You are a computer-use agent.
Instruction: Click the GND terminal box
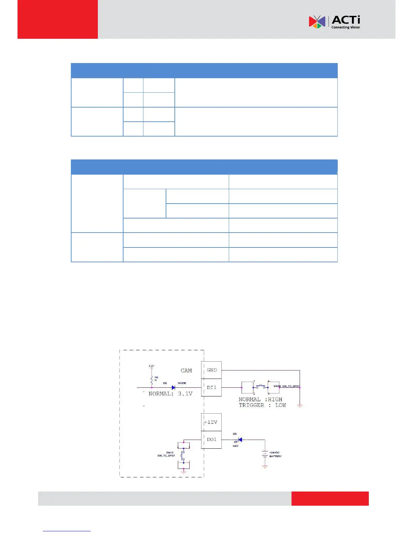coord(212,370)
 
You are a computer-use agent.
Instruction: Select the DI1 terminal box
coord(212,388)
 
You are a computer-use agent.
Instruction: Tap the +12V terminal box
coord(211,422)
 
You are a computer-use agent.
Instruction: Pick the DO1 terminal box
coord(212,440)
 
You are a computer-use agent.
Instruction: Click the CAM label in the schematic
coord(186,370)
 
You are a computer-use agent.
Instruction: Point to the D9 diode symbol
coord(173,388)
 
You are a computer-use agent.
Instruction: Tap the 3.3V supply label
coord(152,366)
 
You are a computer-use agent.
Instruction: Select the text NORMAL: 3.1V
coord(170,394)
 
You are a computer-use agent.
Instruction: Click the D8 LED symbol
coord(240,440)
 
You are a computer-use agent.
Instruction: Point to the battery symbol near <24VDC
coord(265,454)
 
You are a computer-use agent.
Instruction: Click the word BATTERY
coord(275,456)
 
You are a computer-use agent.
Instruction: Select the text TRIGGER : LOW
coord(262,405)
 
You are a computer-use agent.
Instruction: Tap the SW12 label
coord(169,452)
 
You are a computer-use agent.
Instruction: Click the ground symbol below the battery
coord(265,467)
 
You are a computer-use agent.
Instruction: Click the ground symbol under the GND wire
coord(300,406)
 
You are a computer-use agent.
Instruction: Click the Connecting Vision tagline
coord(346,27)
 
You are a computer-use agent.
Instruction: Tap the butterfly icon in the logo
coord(317,22)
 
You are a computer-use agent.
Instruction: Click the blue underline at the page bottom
coord(67,531)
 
